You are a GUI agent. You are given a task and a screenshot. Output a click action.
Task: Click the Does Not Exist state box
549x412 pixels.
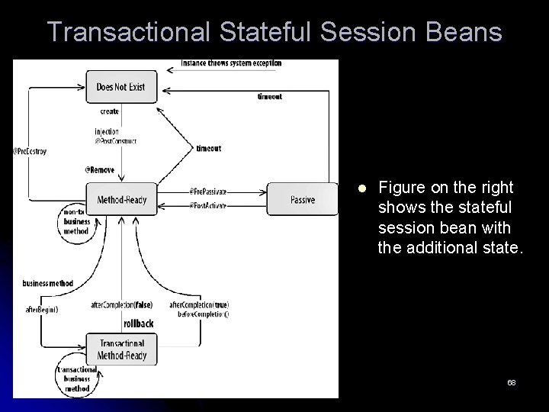tap(120, 88)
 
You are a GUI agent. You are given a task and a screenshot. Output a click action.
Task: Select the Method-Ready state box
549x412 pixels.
tap(121, 200)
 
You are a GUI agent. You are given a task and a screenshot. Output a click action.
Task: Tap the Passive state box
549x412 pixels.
tap(302, 200)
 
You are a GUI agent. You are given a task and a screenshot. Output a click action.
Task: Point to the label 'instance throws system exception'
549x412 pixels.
tap(231, 63)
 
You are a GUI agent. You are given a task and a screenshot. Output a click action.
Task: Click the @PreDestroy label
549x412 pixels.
tap(30, 151)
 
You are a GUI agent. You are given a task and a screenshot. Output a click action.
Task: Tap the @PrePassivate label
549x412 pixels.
tap(207, 192)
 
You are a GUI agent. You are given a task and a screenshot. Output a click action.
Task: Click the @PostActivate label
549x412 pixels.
tap(207, 206)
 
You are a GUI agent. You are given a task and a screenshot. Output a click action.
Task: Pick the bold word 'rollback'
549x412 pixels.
tap(137, 323)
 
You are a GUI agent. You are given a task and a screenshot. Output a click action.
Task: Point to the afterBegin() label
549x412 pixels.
tap(41, 309)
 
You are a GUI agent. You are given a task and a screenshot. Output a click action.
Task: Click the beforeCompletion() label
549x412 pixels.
tap(203, 314)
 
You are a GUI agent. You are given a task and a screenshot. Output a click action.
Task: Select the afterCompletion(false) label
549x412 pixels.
tap(121, 305)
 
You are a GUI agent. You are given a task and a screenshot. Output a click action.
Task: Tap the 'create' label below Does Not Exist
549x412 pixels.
tap(109, 111)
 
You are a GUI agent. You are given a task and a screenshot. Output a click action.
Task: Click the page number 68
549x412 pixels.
tap(511, 381)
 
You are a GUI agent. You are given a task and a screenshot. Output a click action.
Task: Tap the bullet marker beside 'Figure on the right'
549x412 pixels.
tap(361, 188)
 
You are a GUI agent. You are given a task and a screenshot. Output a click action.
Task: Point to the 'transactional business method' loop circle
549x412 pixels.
tap(76, 378)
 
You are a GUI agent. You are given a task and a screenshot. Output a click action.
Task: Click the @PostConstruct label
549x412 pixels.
tap(116, 141)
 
